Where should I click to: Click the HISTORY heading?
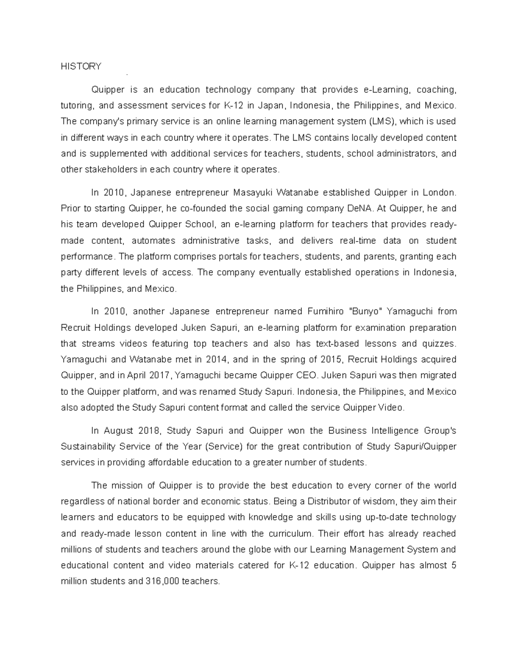pos(81,66)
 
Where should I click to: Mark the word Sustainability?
pos(88,447)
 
